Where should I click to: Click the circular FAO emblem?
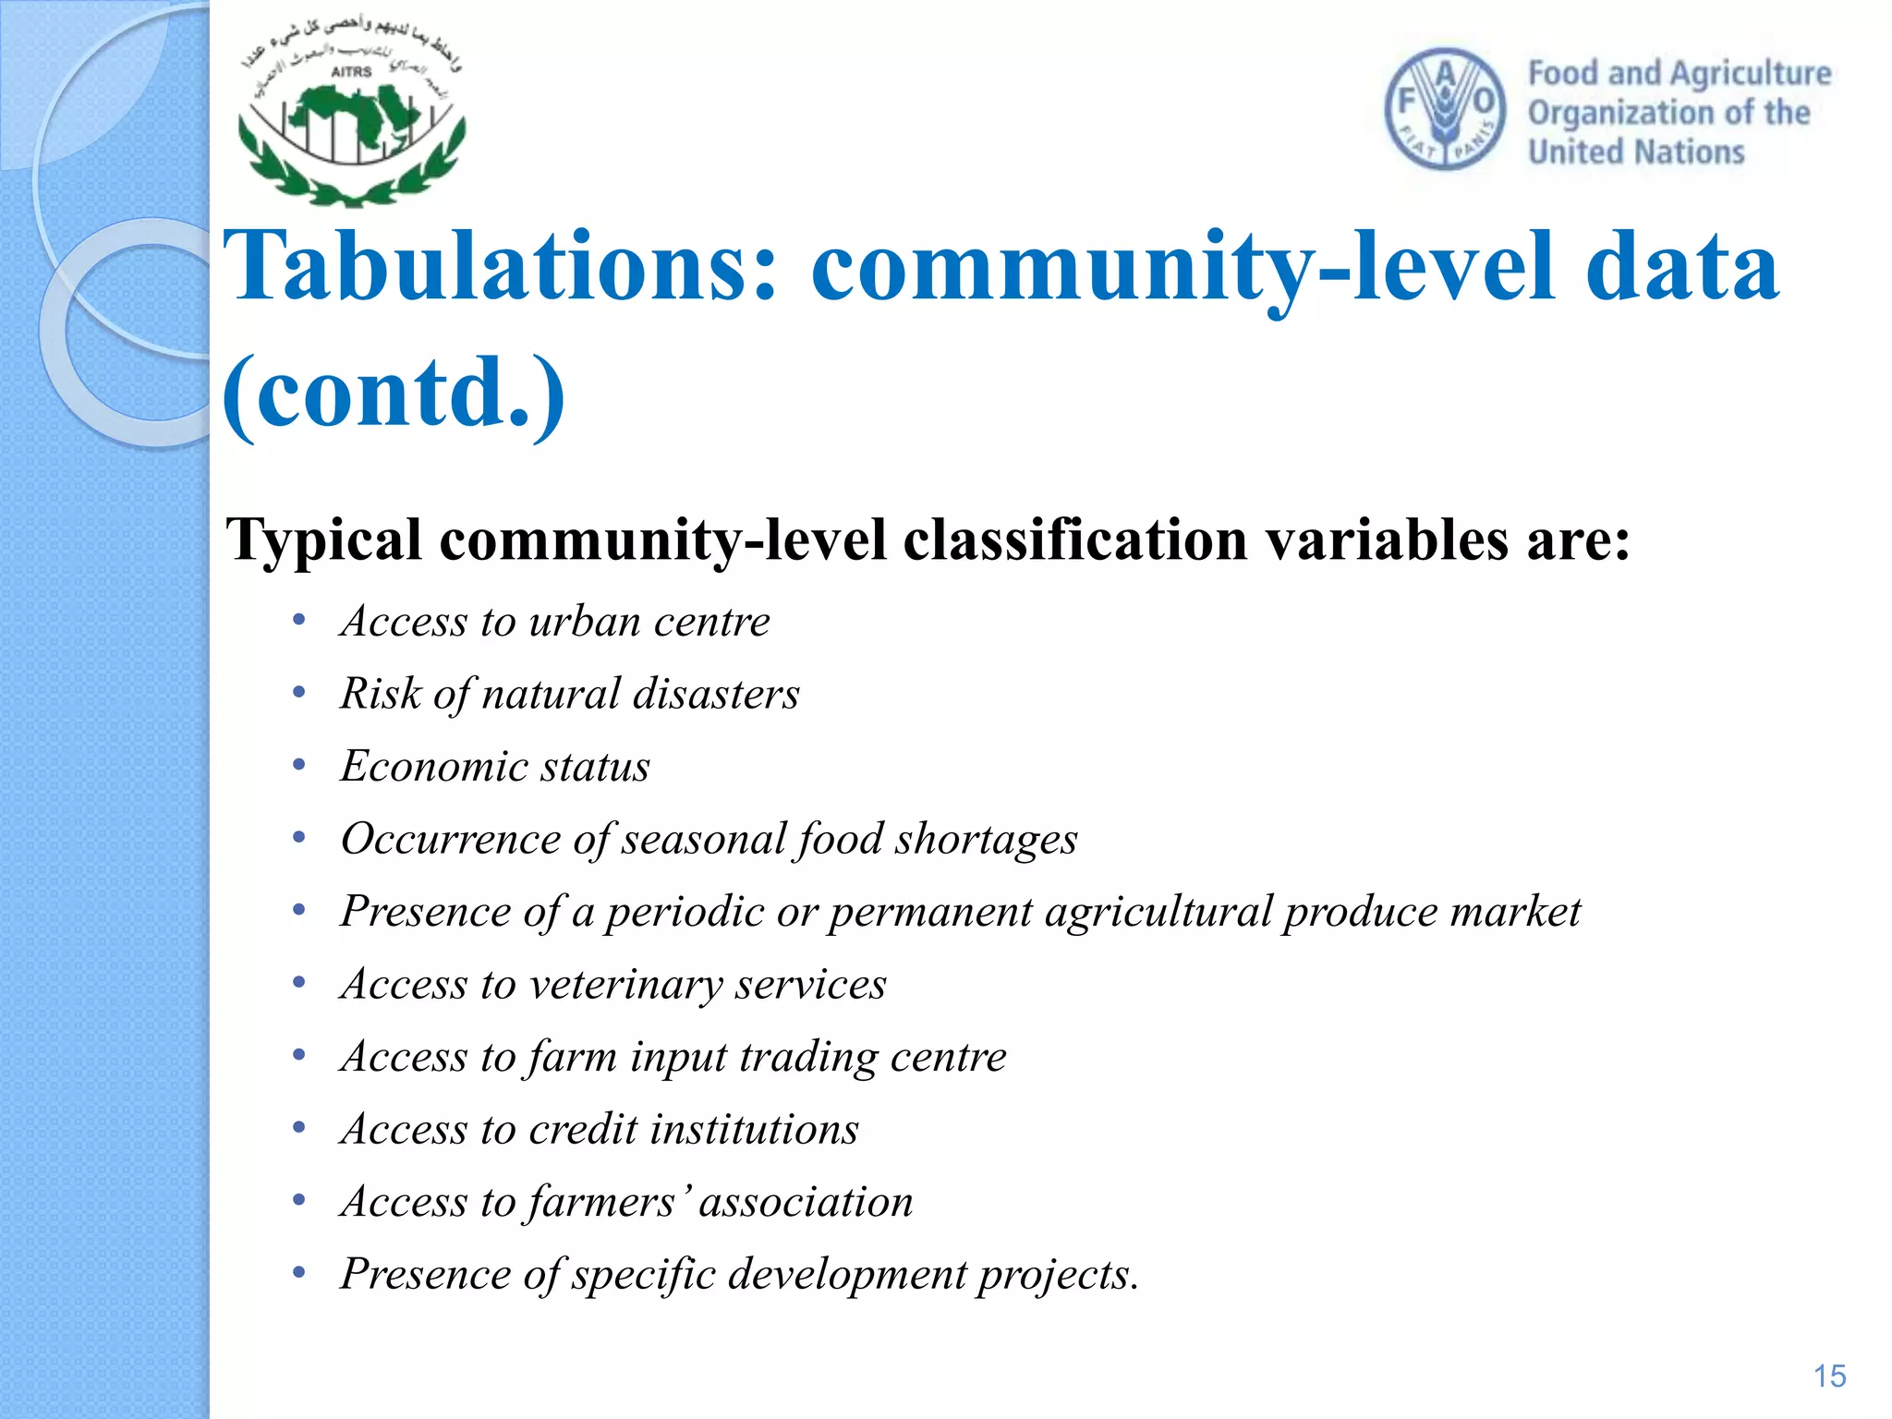point(1445,109)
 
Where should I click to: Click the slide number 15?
point(1829,1377)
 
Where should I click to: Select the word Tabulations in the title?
point(500,267)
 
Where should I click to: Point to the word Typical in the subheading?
point(323,540)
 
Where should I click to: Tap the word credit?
point(583,1129)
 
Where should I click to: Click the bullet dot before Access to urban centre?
point(298,621)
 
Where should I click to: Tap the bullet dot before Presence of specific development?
point(298,1274)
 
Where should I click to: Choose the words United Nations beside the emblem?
point(1635,152)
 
